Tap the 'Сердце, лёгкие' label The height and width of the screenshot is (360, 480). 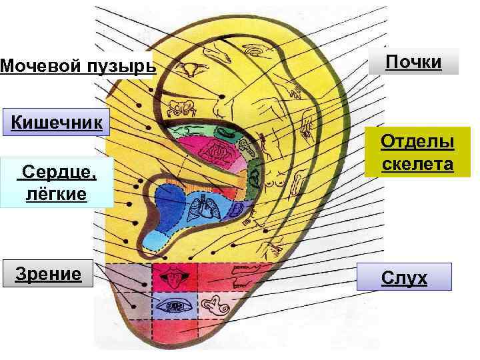click(56, 183)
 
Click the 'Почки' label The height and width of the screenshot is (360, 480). click(414, 62)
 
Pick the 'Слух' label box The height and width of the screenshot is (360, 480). click(404, 277)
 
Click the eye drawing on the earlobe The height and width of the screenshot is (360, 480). click(176, 306)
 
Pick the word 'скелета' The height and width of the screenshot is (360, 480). click(417, 163)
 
